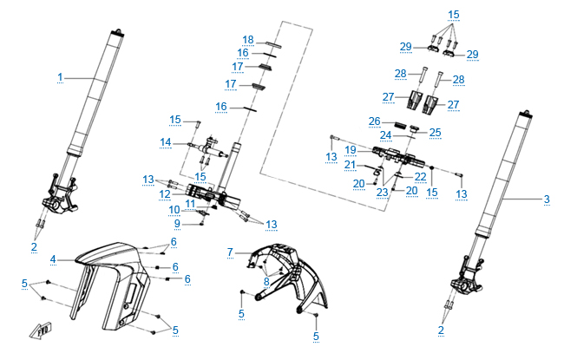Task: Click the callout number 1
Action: click(61, 78)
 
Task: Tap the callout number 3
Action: click(547, 200)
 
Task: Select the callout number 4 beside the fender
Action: click(53, 259)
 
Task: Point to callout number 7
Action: click(230, 252)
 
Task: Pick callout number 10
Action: click(174, 210)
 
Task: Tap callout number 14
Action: click(164, 142)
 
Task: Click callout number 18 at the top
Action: click(248, 40)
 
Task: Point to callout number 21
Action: click(350, 165)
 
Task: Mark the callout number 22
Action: click(419, 176)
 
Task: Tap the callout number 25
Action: click(435, 132)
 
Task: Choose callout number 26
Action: click(375, 120)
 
